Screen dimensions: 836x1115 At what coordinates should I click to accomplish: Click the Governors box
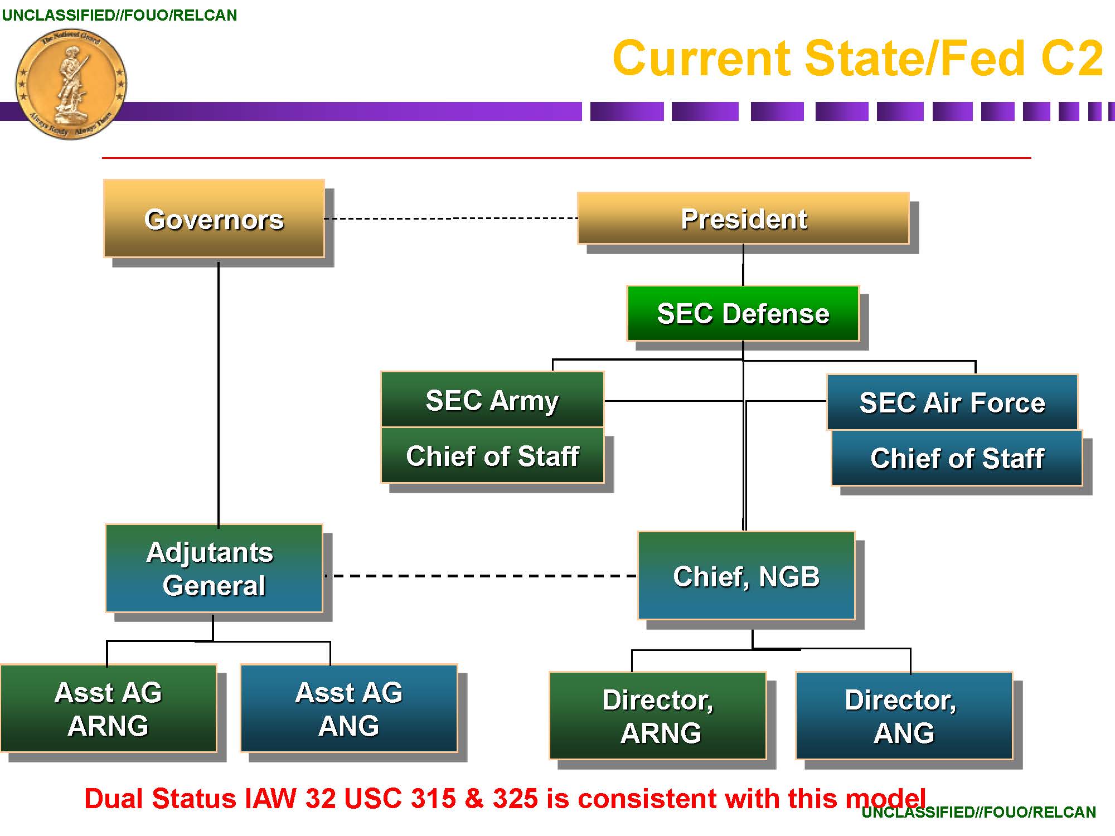point(214,218)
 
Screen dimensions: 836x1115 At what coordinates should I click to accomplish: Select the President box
point(743,218)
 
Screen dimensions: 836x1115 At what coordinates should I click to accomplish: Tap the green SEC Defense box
point(743,313)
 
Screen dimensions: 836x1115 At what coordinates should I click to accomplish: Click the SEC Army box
point(492,400)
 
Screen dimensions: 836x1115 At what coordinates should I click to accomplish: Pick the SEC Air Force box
point(952,402)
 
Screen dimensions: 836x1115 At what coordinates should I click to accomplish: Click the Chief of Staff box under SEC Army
point(492,455)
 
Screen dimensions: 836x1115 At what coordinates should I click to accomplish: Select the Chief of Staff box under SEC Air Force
point(957,458)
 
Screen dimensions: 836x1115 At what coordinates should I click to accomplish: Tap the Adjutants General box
point(214,568)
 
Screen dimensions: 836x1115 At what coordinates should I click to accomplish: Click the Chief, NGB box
point(746,576)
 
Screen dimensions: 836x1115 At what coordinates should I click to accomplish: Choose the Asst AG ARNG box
point(108,708)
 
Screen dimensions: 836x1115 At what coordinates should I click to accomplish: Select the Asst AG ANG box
point(349,708)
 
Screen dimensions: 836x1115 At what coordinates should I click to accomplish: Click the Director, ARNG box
point(658,716)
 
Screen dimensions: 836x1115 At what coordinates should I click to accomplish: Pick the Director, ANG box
point(904,716)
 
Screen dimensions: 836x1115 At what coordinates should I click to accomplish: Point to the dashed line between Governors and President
point(450,218)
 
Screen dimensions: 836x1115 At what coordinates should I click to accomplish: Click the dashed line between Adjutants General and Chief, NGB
point(479,576)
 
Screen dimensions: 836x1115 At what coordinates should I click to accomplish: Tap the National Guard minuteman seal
point(71,84)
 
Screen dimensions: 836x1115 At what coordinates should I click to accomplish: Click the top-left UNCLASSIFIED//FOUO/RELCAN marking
point(119,15)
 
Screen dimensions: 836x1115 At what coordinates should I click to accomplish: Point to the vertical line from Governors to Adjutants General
point(219,390)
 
